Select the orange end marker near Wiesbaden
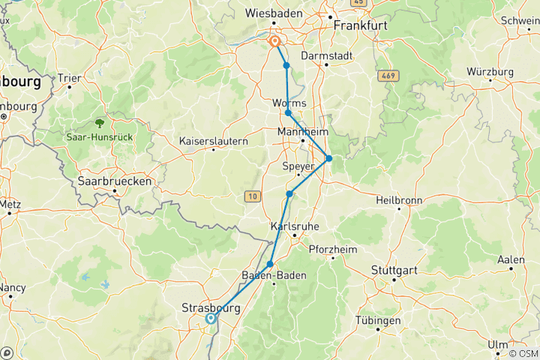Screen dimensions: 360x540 coord(275,42)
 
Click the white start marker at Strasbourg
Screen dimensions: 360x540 coord(211,318)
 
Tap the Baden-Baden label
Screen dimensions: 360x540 coord(274,276)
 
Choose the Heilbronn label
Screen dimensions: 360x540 coord(400,200)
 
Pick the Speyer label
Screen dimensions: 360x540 coord(298,166)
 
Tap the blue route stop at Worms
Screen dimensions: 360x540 coord(288,113)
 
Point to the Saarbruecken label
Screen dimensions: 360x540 coord(115,181)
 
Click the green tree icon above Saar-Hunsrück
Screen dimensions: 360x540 coord(98,122)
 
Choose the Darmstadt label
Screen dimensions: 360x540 coord(325,55)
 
